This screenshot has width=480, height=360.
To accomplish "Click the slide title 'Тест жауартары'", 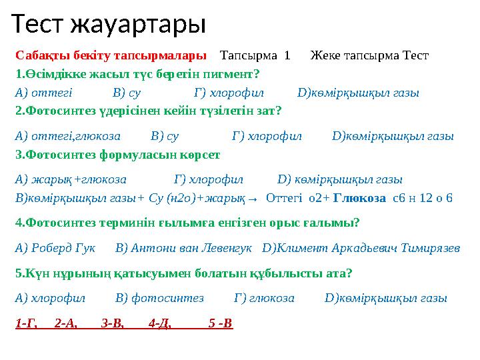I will tap(109, 24).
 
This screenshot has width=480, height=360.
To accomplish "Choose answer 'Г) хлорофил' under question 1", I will tap(229, 93).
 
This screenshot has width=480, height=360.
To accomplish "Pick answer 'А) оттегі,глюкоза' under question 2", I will tap(67, 136).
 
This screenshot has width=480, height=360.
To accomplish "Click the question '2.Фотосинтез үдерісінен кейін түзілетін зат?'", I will tap(148, 111).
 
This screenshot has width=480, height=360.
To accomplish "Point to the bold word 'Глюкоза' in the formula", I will tap(359, 198).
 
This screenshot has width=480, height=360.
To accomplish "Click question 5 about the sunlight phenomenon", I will tap(183, 273).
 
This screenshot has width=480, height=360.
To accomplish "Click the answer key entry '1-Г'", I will tap(25, 324).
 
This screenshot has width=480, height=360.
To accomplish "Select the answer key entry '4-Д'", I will tap(160, 324).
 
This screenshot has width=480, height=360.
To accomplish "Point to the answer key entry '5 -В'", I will tap(220, 324).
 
